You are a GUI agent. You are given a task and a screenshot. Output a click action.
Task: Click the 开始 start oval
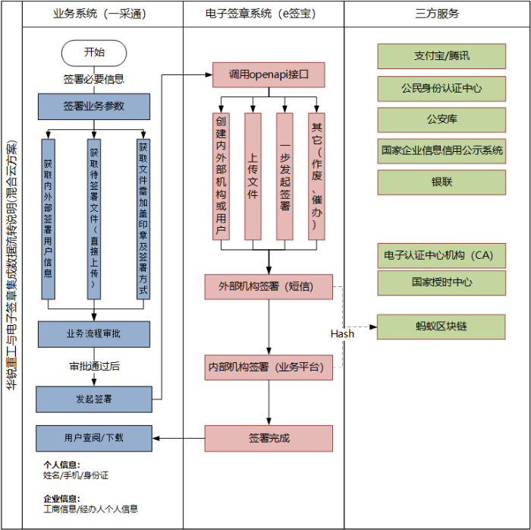pos(94,53)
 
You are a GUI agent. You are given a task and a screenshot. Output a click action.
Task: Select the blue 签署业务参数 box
pos(94,106)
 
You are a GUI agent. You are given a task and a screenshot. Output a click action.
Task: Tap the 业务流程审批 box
pos(94,334)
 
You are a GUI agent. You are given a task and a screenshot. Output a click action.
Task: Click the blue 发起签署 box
pos(94,399)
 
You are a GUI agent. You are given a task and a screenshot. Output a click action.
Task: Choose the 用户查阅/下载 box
pos(94,438)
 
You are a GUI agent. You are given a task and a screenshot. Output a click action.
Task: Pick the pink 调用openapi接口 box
pos(269,75)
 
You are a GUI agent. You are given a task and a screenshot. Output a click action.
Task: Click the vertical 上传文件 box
pos(253,177)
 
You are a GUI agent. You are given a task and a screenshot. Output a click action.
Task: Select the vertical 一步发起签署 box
pos(284,177)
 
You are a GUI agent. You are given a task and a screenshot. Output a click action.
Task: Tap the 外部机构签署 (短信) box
pos(269,287)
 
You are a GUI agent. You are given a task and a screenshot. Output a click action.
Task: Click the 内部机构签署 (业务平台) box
pos(269,368)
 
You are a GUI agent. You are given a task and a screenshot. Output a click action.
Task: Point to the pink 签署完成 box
pos(269,439)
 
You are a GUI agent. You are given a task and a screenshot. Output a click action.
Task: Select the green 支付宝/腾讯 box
pos(441,56)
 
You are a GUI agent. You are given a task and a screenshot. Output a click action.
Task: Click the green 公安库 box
pos(441,120)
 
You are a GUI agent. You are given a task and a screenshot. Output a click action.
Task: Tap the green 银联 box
pos(441,182)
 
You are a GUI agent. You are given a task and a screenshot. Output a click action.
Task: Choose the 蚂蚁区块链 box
pos(441,327)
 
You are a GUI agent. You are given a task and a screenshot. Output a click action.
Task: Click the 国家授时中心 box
pos(441,282)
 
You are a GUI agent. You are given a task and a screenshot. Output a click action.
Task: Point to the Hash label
pos(342,334)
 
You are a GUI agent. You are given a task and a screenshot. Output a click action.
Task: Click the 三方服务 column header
pos(437,14)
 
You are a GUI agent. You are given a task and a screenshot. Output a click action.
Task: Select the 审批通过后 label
pos(95,366)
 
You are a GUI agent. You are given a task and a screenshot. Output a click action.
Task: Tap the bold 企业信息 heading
pos(61,498)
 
